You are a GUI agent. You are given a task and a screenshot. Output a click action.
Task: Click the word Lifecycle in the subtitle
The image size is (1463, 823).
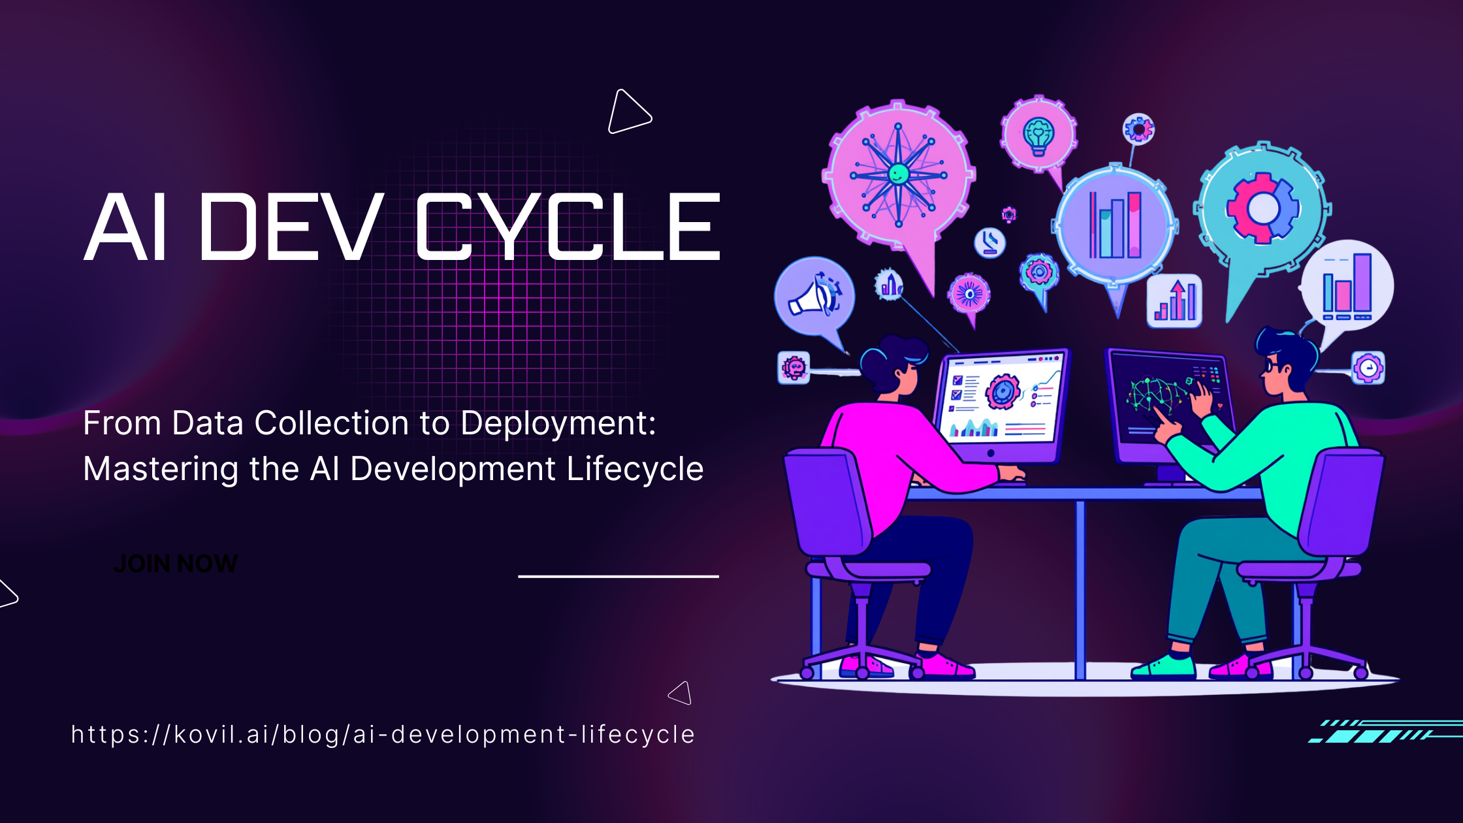[635, 469]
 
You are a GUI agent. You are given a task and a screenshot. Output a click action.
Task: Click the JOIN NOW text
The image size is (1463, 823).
[176, 564]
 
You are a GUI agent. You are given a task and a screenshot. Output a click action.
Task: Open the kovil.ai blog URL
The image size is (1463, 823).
[383, 735]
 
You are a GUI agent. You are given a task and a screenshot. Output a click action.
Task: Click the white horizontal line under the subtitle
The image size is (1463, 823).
[619, 576]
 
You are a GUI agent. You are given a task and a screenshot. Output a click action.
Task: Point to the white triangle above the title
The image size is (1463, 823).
[629, 112]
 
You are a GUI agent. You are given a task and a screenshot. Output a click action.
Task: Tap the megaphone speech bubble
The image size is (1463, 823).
[814, 297]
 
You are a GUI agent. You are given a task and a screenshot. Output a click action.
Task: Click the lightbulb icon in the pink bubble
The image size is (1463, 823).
[1038, 136]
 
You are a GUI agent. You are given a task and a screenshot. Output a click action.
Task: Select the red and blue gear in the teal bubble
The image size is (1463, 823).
[1262, 208]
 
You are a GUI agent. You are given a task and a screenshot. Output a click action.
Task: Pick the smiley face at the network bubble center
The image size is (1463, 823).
[899, 174]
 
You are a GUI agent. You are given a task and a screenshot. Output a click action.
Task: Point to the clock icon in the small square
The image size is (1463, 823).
[1368, 368]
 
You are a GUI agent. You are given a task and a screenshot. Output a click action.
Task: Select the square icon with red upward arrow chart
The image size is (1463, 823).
[1174, 300]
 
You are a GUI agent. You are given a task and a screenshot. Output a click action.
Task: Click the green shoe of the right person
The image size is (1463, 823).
[1164, 666]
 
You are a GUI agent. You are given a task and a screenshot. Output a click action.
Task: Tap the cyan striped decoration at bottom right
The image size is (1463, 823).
[1385, 732]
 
